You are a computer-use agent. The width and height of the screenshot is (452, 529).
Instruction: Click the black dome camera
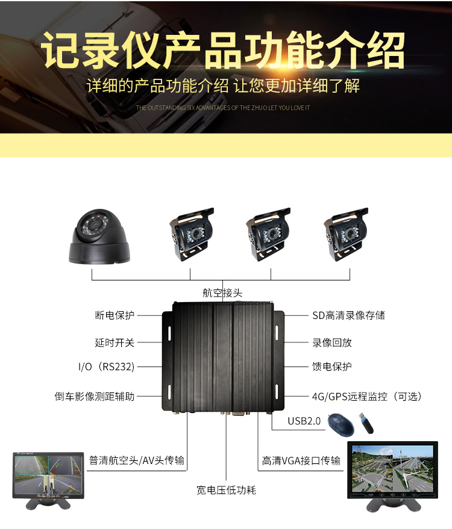click(x=99, y=237)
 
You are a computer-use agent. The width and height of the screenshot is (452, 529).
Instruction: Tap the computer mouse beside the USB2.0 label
click(x=341, y=424)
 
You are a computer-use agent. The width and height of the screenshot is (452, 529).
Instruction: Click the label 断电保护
click(x=115, y=315)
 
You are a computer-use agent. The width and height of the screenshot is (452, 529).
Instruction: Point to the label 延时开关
click(x=115, y=342)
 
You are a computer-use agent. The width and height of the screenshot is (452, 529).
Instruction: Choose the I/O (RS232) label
click(x=107, y=367)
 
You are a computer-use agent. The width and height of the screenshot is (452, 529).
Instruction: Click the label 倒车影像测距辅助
click(x=95, y=397)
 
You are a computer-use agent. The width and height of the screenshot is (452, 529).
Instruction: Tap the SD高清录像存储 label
click(x=348, y=315)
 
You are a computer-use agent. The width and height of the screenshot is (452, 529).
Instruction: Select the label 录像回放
click(x=332, y=343)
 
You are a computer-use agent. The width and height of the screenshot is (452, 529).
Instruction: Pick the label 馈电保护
click(x=332, y=367)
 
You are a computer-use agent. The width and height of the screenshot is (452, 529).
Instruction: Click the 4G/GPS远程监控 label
click(x=350, y=397)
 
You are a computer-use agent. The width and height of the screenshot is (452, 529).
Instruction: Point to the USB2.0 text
click(x=304, y=421)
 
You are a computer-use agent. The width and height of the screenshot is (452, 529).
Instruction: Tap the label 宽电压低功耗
click(x=227, y=490)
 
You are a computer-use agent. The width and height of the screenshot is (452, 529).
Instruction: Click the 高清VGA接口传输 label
click(x=301, y=460)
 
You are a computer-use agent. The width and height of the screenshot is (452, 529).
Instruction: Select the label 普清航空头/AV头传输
click(x=136, y=460)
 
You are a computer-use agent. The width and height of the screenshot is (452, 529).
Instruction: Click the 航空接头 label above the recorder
click(x=222, y=293)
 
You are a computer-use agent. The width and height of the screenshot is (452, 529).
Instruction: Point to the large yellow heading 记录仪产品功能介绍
click(x=223, y=51)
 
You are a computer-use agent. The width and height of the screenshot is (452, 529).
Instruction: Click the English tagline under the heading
click(x=223, y=108)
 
